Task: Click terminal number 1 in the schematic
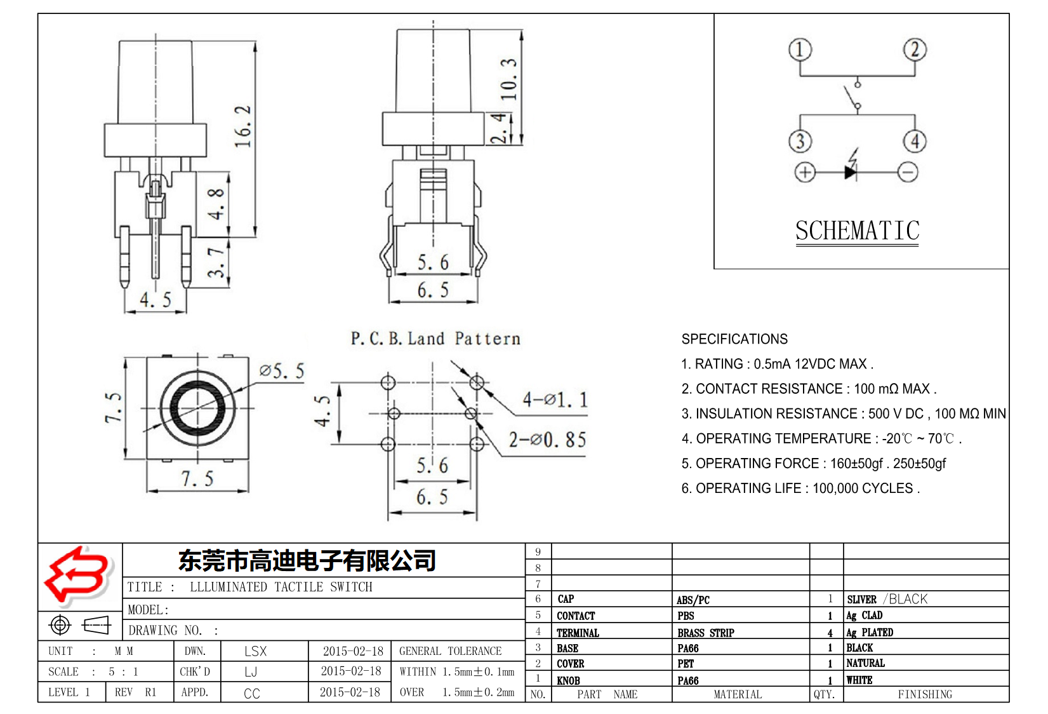click(800, 50)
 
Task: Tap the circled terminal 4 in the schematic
click(915, 141)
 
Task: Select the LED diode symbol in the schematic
click(851, 171)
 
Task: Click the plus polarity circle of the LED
click(805, 172)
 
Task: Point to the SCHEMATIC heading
click(857, 231)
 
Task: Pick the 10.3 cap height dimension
click(509, 79)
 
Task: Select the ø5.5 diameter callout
click(282, 371)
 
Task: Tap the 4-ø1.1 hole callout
click(555, 400)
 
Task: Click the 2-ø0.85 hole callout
click(547, 440)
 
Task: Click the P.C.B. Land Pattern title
click(435, 339)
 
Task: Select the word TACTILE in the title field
click(298, 587)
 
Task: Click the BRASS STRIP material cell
click(705, 633)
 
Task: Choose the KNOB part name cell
click(568, 680)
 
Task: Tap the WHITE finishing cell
click(859, 680)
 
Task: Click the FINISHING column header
click(925, 694)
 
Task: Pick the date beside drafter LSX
click(353, 651)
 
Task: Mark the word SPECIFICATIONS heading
click(734, 339)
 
